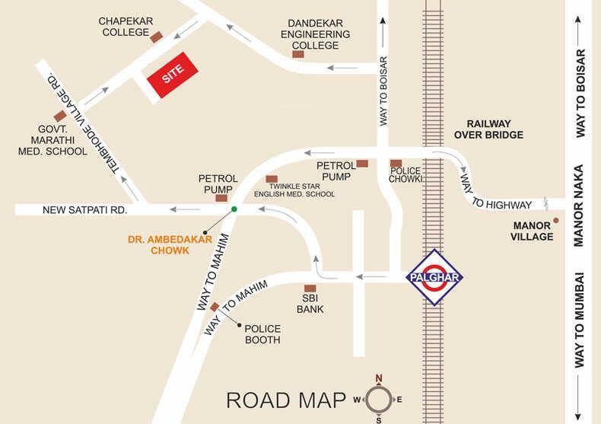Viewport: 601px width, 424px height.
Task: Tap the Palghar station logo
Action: [x=433, y=277]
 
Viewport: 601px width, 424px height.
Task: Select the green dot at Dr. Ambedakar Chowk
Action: [x=234, y=209]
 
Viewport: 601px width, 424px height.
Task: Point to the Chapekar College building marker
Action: [x=157, y=37]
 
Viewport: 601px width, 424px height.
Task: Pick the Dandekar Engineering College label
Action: [x=315, y=35]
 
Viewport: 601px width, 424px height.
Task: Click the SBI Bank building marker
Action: [x=310, y=289]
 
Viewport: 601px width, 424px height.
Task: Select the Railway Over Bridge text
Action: [x=488, y=129]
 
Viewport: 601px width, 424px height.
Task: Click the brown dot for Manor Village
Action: [x=556, y=221]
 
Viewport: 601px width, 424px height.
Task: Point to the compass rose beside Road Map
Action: [x=379, y=398]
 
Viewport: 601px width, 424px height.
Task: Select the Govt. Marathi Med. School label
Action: [x=53, y=141]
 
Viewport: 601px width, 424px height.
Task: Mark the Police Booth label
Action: [x=262, y=333]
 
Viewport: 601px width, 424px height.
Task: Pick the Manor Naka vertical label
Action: [x=578, y=206]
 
